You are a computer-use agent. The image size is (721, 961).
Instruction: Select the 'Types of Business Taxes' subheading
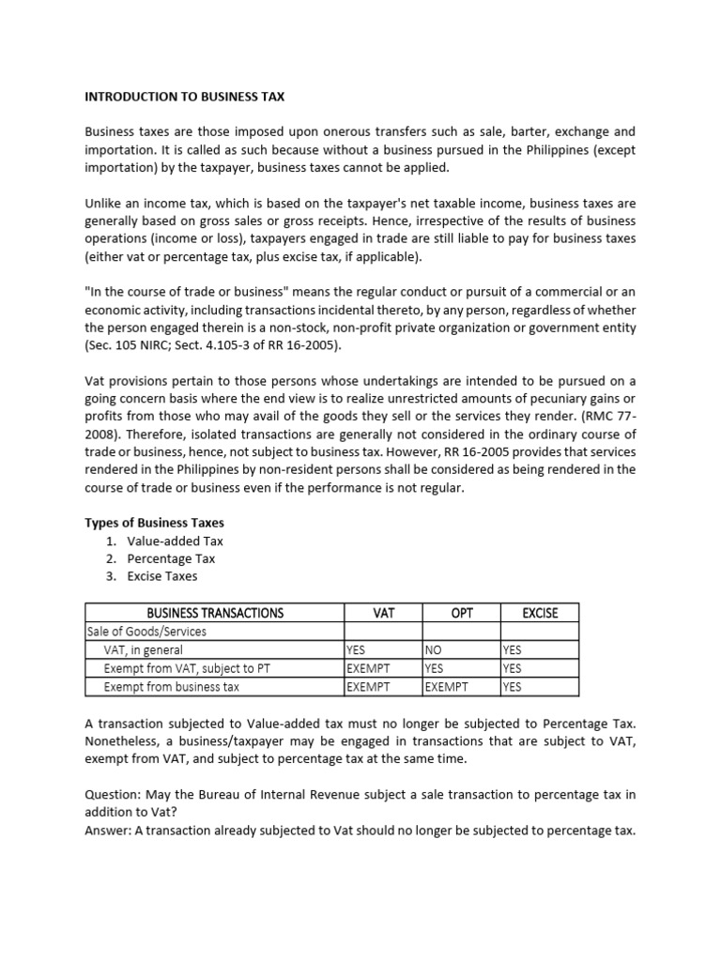pos(155,523)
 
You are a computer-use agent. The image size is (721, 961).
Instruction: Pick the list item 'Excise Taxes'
pos(164,576)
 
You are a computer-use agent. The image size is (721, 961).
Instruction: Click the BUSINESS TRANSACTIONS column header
pos(215,613)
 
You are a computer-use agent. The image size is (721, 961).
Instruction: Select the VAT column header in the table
pos(384,613)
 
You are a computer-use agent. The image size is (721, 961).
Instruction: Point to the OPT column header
pos(462,613)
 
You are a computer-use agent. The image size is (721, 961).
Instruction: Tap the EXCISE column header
pos(540,613)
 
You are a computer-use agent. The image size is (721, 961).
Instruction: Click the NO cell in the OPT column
pos(434,650)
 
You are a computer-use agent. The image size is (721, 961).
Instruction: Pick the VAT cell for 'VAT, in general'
pos(356,650)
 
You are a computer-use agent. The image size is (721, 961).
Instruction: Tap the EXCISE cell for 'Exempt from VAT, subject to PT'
pos(512,668)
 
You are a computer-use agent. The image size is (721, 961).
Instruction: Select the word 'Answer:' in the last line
pos(110,830)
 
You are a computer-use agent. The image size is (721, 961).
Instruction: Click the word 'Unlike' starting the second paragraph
pos(104,203)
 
